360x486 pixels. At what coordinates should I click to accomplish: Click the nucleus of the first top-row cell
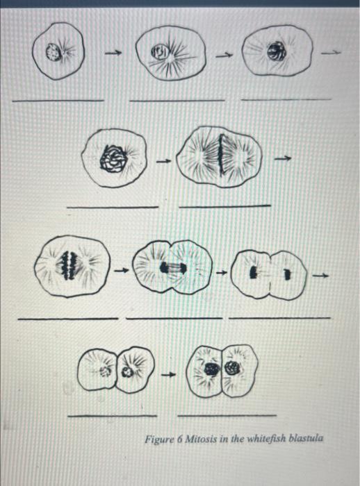pos(51,50)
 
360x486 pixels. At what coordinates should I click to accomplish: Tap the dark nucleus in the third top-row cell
pos(279,51)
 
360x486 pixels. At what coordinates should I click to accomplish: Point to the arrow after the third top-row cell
pos(334,51)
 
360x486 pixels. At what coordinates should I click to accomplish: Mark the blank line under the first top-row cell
pos(58,100)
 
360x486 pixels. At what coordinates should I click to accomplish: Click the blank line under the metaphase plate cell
pos(224,206)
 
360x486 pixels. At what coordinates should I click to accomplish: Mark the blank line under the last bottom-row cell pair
pos(226,415)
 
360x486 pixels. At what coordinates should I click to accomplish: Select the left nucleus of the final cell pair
pos(210,369)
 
